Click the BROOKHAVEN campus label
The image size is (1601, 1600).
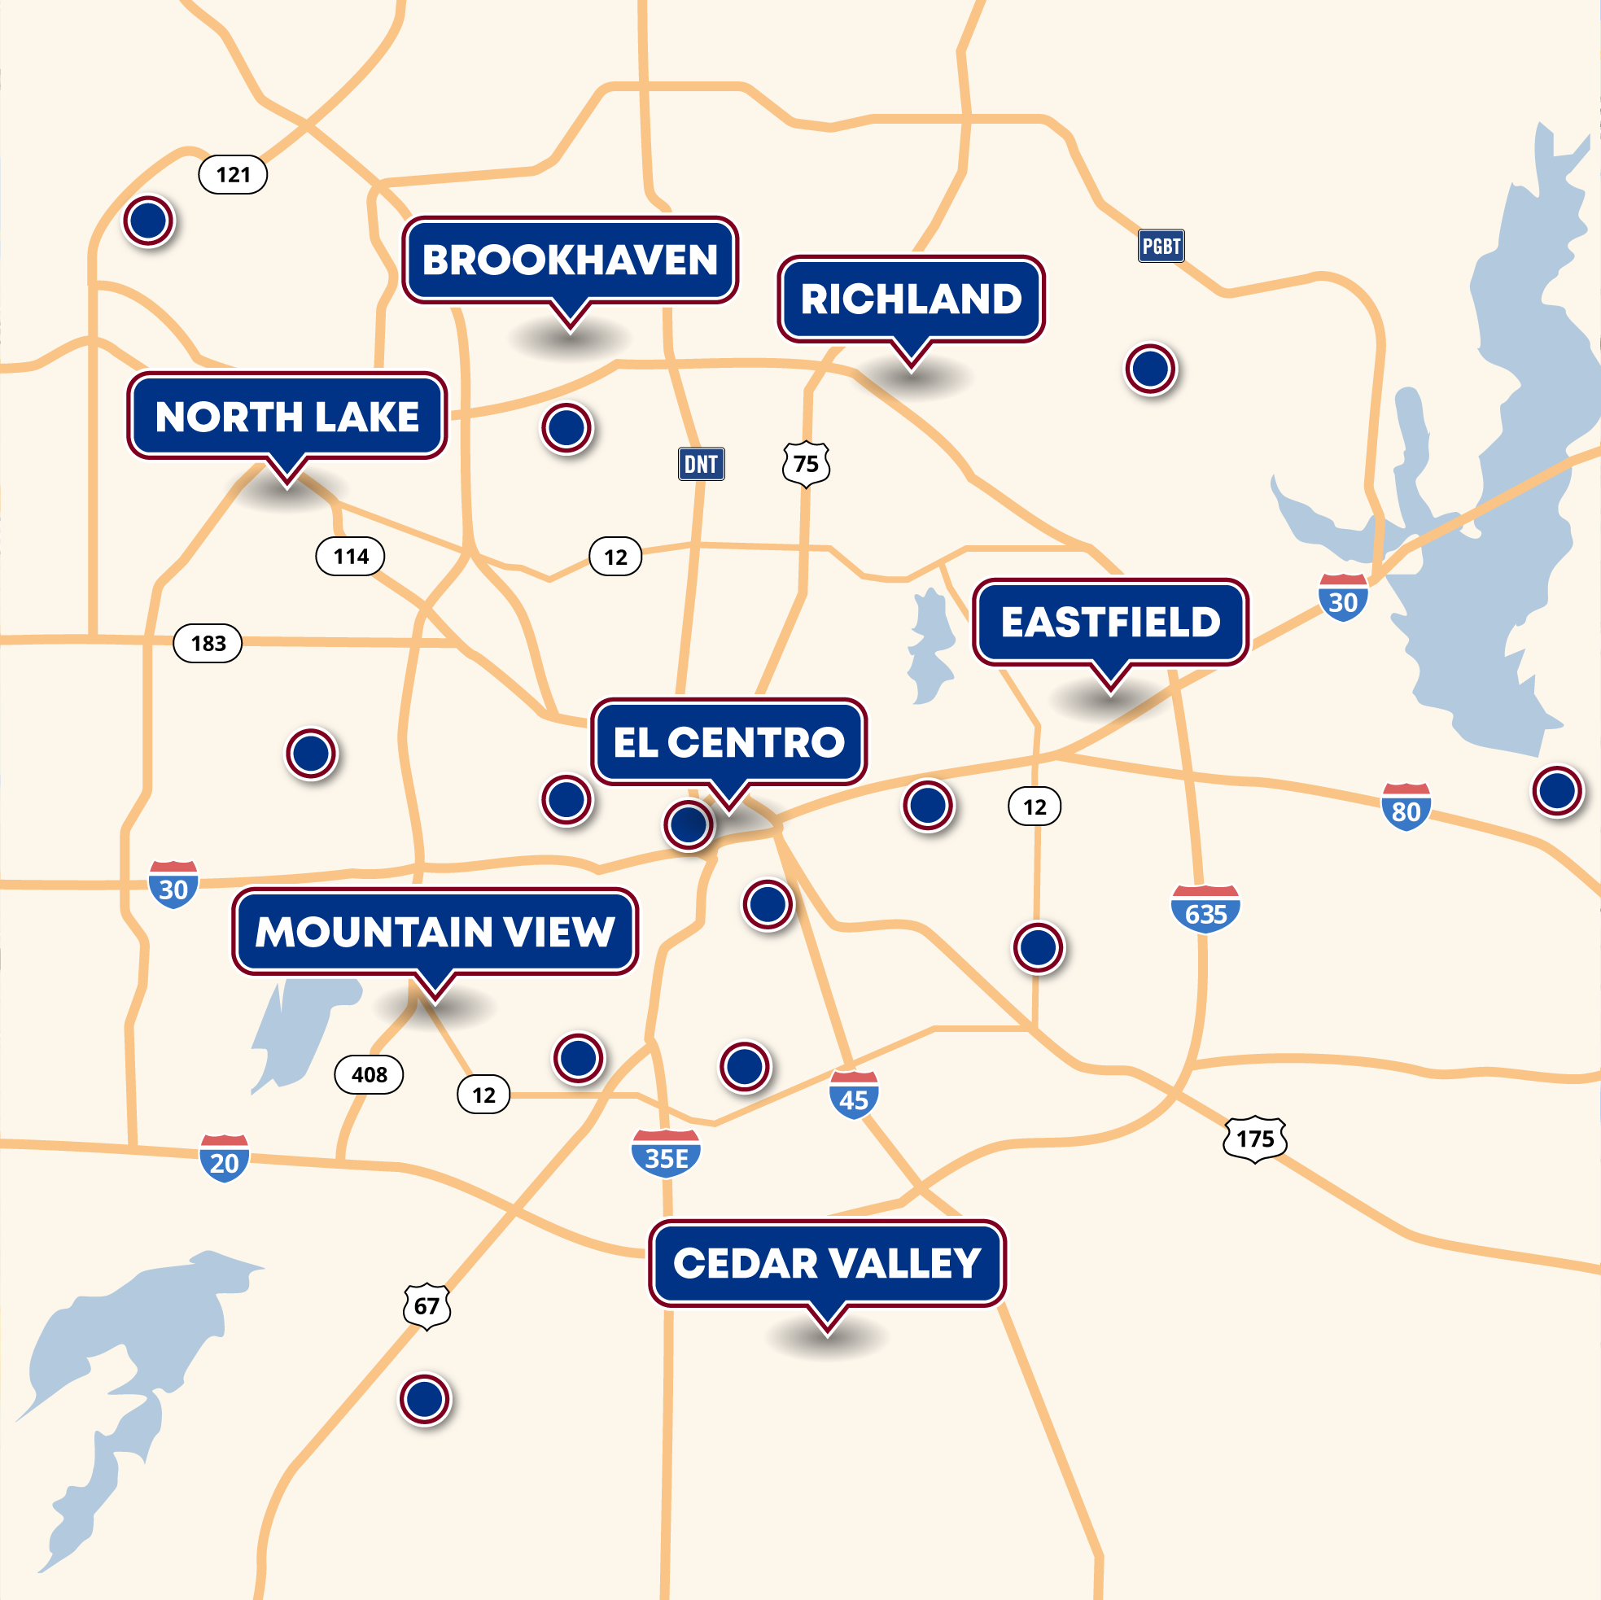pos(570,260)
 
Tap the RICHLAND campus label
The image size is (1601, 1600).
pos(911,299)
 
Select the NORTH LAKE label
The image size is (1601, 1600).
pos(287,416)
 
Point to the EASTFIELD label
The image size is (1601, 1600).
pos(1110,623)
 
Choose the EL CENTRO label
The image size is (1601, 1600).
pos(728,741)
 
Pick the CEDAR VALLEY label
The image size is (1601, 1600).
pos(827,1264)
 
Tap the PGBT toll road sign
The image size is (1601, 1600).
pos(1161,246)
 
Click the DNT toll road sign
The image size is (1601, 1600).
pos(701,464)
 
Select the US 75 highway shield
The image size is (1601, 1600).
pos(806,464)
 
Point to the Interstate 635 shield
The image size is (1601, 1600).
pos(1205,910)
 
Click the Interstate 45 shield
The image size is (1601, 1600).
pos(854,1095)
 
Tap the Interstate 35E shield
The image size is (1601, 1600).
pos(667,1153)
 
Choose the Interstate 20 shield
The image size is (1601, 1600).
pos(224,1158)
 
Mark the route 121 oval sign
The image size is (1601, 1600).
pos(233,175)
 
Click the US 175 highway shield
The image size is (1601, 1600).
pos(1254,1139)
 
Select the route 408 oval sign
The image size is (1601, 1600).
pos(369,1075)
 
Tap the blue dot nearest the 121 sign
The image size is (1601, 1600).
pos(148,221)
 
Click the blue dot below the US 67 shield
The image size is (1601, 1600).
pos(425,1400)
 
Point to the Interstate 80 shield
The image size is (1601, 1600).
pos(1406,807)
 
